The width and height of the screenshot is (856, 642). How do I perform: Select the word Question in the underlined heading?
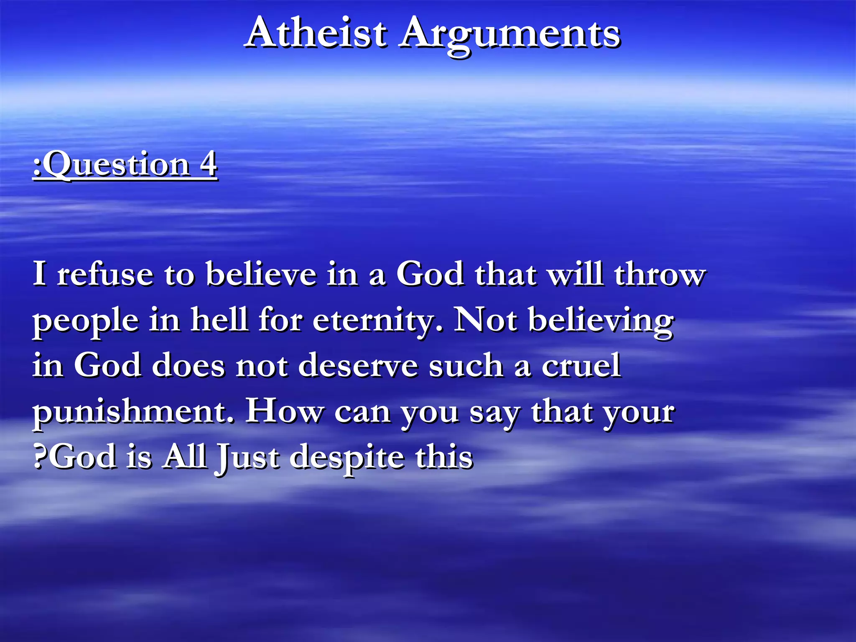[117, 165]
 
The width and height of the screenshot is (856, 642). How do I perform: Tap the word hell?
[219, 320]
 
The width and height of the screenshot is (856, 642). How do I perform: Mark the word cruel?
[581, 365]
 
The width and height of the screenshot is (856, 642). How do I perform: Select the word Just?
[247, 457]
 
